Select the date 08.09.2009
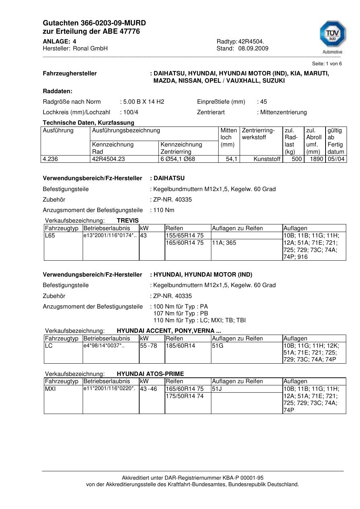(253, 49)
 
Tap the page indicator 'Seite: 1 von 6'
(327, 64)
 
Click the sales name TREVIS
(128, 220)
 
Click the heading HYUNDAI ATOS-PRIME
(150, 374)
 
